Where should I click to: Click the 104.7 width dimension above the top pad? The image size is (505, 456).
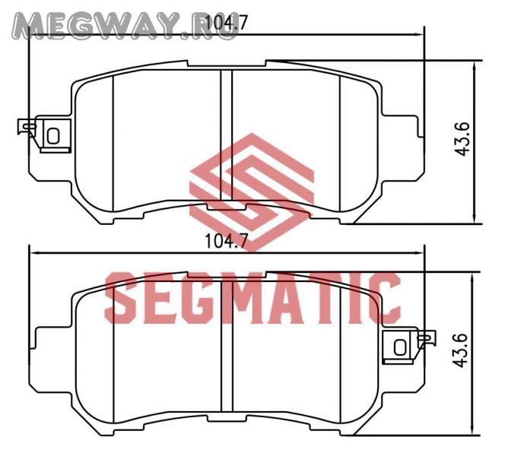226,22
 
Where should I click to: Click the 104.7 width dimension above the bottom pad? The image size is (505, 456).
226,241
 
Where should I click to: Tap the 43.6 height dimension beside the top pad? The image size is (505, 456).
463,139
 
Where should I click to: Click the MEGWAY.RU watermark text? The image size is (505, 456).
125,26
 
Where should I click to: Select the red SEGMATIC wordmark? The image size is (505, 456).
252,298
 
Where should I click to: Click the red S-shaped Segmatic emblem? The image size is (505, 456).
252,192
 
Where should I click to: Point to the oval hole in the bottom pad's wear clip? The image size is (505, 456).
400,347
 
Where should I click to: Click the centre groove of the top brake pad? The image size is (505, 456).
227,135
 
